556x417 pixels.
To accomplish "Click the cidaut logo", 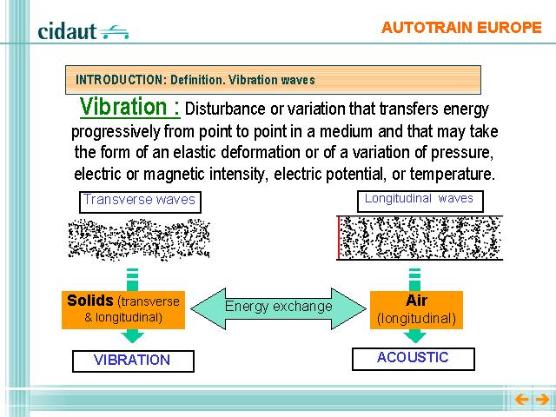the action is point(83,31).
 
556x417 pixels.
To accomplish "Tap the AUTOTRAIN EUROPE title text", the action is point(461,28).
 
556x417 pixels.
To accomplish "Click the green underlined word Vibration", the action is point(123,106).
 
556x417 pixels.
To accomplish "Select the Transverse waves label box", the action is point(140,202).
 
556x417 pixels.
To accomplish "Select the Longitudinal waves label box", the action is point(420,201).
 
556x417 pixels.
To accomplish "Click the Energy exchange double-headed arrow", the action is point(278,308).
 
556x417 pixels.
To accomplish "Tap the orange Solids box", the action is point(123,310).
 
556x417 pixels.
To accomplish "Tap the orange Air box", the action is point(416,310).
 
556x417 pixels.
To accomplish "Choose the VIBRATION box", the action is point(133,361).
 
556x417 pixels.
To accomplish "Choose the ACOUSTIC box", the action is point(414,359).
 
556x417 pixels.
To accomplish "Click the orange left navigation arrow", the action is point(521,400).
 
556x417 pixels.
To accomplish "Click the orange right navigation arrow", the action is point(542,400).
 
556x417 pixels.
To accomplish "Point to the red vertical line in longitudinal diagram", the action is point(339,237).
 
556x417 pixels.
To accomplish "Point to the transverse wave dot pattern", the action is point(139,240).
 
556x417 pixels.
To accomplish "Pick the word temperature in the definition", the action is point(452,174).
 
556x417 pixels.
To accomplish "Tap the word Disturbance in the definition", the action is point(225,109).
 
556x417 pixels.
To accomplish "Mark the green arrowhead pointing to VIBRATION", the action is point(132,336).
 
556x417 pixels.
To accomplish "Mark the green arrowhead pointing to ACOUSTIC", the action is point(415,336).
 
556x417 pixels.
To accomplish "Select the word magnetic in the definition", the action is point(174,175).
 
